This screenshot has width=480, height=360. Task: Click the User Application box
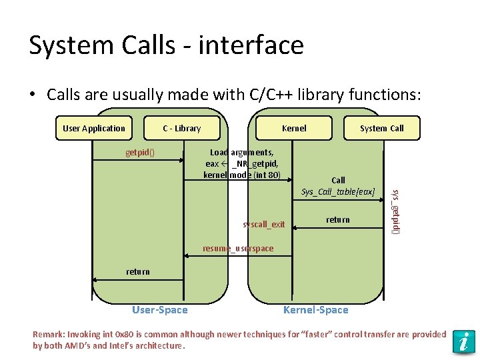(x=94, y=128)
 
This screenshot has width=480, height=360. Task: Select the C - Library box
(x=182, y=128)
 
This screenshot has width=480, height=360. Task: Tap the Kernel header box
(x=294, y=128)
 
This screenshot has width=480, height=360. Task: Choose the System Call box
(x=381, y=128)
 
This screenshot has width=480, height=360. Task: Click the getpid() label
(x=140, y=152)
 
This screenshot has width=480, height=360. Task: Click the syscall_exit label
(x=264, y=224)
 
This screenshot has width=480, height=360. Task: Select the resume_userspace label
(x=238, y=249)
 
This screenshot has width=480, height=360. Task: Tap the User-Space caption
(x=160, y=309)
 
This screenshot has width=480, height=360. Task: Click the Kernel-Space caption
(x=316, y=309)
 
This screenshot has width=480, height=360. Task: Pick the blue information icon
(x=463, y=341)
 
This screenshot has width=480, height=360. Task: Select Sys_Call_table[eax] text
(x=338, y=192)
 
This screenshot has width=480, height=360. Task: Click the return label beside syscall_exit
(x=338, y=219)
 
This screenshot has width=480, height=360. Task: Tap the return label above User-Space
(x=138, y=271)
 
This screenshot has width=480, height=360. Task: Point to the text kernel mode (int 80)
(x=242, y=175)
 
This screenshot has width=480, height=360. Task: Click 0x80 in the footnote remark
(x=125, y=335)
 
